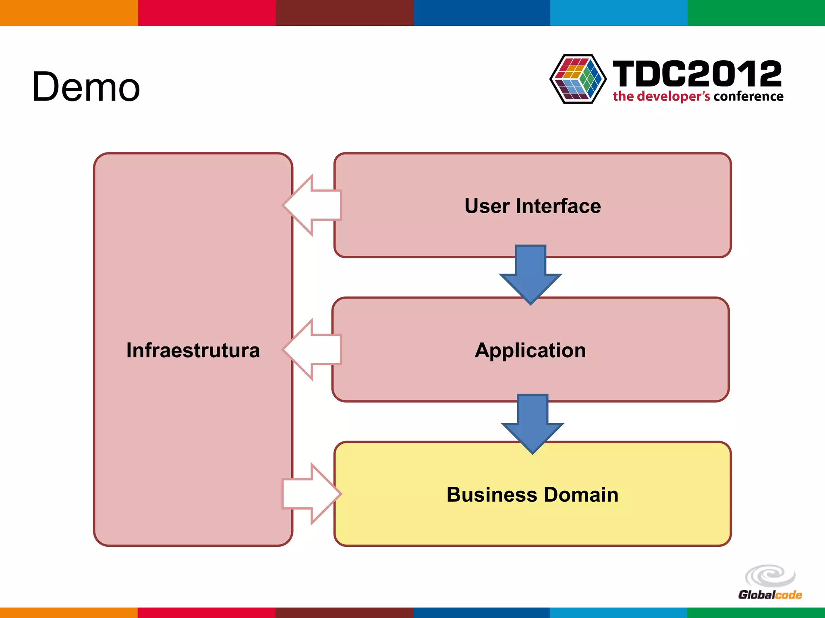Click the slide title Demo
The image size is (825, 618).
pos(86,87)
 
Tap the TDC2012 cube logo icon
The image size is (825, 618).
pos(578,79)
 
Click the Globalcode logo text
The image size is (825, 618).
pos(770,595)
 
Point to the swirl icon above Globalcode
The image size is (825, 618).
pos(770,576)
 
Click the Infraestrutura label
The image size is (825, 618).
pos(193,350)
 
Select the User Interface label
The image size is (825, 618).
pos(533,206)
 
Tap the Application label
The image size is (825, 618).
pos(530,350)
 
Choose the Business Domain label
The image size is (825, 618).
pos(533,494)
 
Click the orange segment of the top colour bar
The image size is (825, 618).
pos(68,12)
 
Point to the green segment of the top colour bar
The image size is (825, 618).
pos(756,12)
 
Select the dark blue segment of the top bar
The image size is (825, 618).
pos(482,12)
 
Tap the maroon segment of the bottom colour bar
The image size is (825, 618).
pos(344,612)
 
